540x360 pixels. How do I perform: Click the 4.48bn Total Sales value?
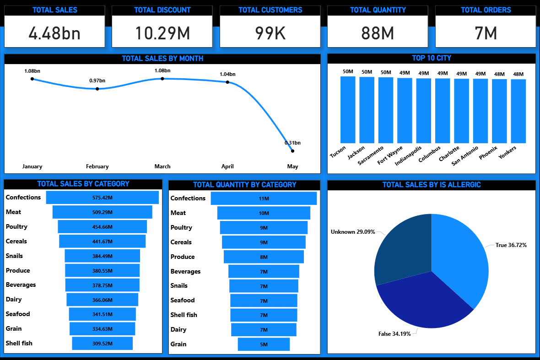tap(54, 32)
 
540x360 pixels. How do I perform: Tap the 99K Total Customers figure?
tap(270, 32)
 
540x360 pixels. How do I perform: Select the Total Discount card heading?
tap(162, 10)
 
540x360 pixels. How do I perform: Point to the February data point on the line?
tap(97, 89)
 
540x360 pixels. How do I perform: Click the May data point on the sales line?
tap(292, 151)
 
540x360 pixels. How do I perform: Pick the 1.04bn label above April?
tap(227, 74)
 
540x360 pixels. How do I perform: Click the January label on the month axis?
tap(32, 167)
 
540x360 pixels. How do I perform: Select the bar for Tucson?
tap(348, 110)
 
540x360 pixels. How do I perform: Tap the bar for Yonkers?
tap(518, 111)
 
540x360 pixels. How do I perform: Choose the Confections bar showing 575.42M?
tap(102, 198)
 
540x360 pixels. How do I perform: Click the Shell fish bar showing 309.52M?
tap(102, 343)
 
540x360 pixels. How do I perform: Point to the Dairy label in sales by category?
tap(14, 299)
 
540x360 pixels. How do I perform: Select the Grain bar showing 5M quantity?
tap(264, 344)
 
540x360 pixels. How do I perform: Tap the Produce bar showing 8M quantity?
tap(264, 257)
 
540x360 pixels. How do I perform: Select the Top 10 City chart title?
tap(431, 58)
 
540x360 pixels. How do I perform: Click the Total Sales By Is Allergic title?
tap(431, 185)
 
